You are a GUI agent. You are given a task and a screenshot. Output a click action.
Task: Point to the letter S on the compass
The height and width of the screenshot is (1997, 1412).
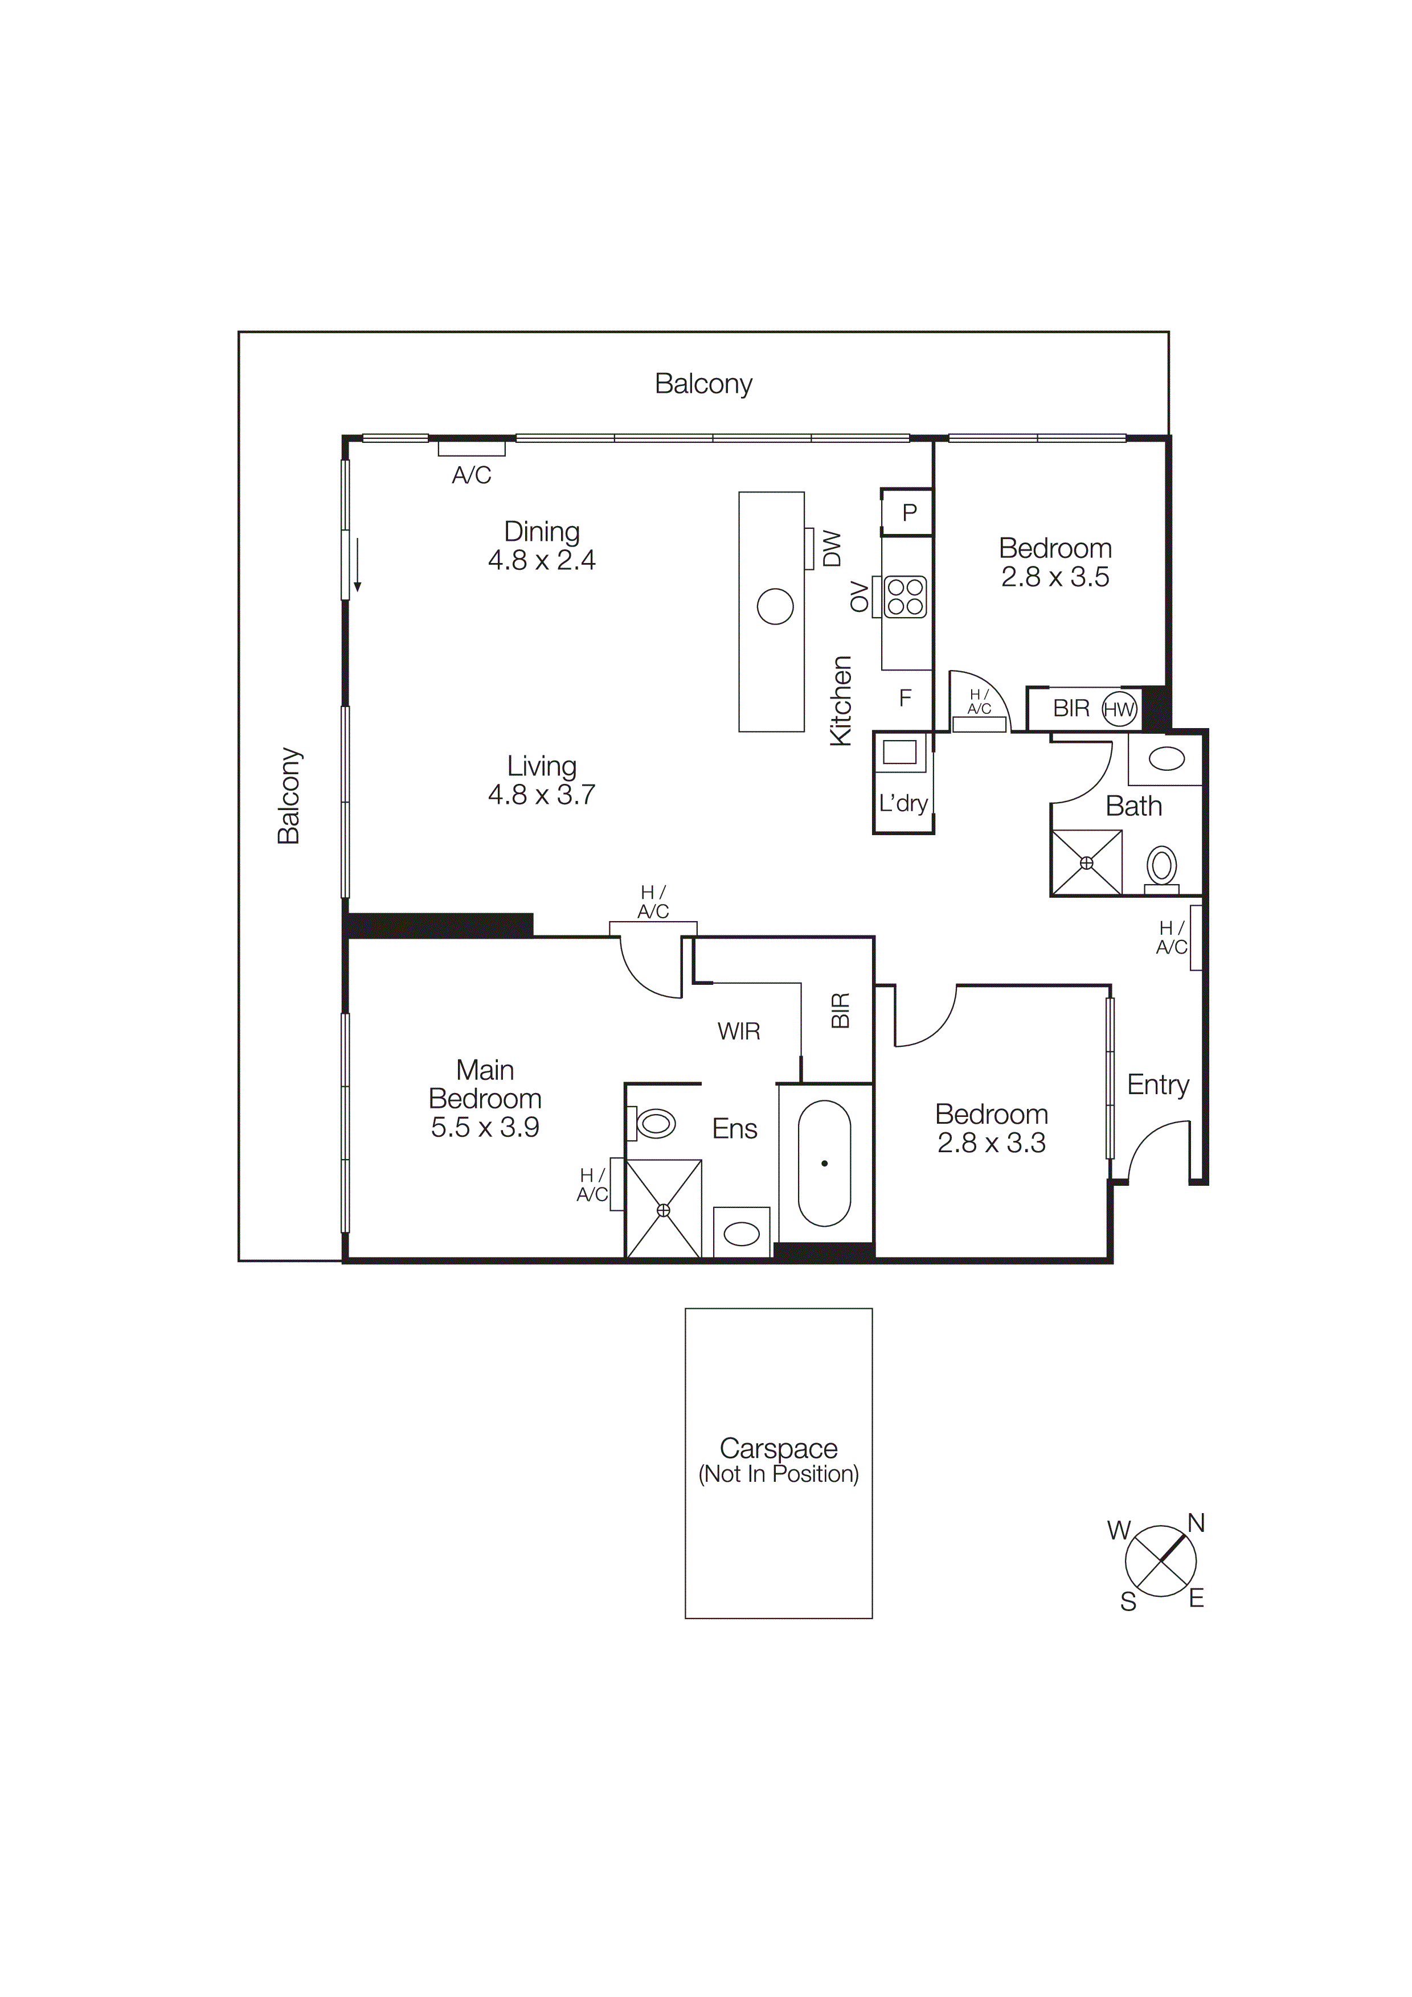1128,1602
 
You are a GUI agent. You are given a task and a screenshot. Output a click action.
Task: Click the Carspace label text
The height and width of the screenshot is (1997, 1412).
778,1448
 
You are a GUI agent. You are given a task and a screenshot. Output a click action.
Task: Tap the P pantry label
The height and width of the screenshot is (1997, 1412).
909,512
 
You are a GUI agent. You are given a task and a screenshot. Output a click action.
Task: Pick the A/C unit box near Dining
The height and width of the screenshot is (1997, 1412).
472,449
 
